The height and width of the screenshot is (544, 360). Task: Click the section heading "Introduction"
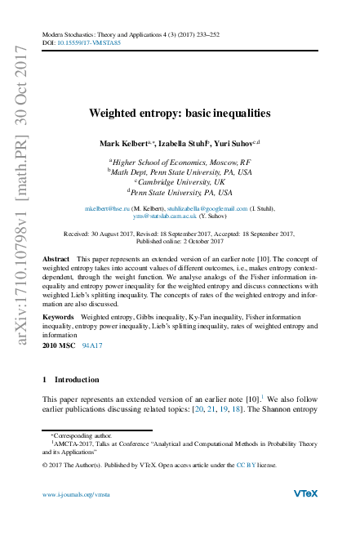76,403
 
